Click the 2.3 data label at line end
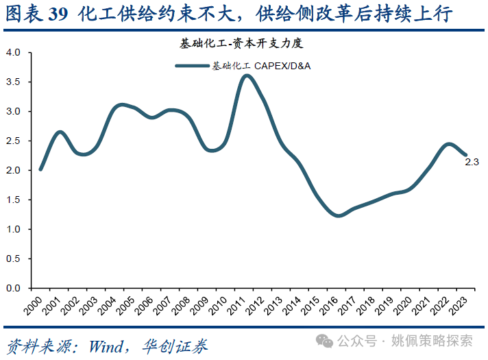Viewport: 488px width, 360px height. click(x=472, y=163)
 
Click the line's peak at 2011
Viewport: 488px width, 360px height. click(x=247, y=75)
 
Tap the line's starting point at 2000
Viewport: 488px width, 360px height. click(x=40, y=169)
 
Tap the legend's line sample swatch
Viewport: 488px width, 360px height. click(x=192, y=66)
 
